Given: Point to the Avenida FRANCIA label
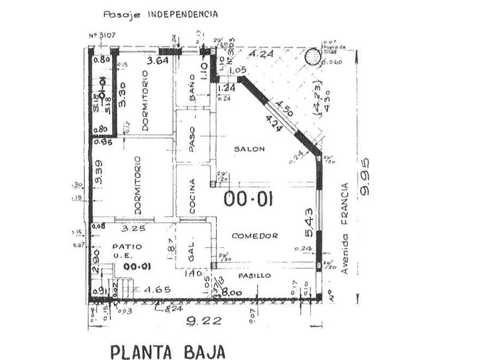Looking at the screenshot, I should tap(345, 229).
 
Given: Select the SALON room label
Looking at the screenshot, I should tap(250, 149).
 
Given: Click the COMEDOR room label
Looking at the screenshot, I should tap(255, 235).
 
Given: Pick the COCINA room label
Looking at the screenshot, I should tap(193, 197).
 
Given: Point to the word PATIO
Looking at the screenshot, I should tap(115, 246).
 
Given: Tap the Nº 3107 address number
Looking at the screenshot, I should tap(103, 35).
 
